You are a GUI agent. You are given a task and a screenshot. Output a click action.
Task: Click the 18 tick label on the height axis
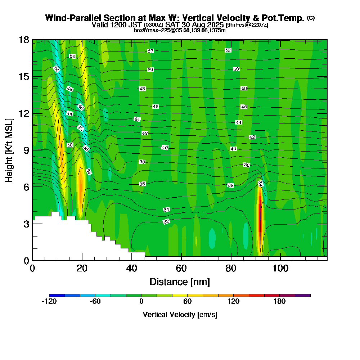pyautogui.click(x=24, y=40)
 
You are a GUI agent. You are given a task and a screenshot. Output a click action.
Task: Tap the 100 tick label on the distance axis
pyautogui.click(x=280, y=268)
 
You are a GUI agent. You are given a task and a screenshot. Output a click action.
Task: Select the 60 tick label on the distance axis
pyautogui.click(x=181, y=268)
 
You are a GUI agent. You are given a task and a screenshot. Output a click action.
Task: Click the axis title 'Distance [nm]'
pyautogui.click(x=180, y=282)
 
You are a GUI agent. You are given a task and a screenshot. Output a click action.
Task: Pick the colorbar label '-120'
pyautogui.click(x=49, y=302)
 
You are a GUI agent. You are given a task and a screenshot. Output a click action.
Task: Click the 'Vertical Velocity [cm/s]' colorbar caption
pyautogui.click(x=180, y=315)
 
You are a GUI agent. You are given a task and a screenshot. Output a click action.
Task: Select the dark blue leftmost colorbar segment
pyautogui.click(x=57, y=295)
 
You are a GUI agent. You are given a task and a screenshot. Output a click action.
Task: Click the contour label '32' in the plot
pyautogui.click(x=166, y=221)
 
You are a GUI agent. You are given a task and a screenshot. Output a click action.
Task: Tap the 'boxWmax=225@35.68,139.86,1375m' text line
pyautogui.click(x=180, y=30)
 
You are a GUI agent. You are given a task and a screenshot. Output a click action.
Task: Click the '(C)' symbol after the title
pyautogui.click(x=311, y=18)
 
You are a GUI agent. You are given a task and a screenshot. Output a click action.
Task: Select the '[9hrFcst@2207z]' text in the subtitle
pyautogui.click(x=247, y=25)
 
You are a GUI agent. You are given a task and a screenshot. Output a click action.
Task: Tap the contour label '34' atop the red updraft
pyautogui.click(x=260, y=184)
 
